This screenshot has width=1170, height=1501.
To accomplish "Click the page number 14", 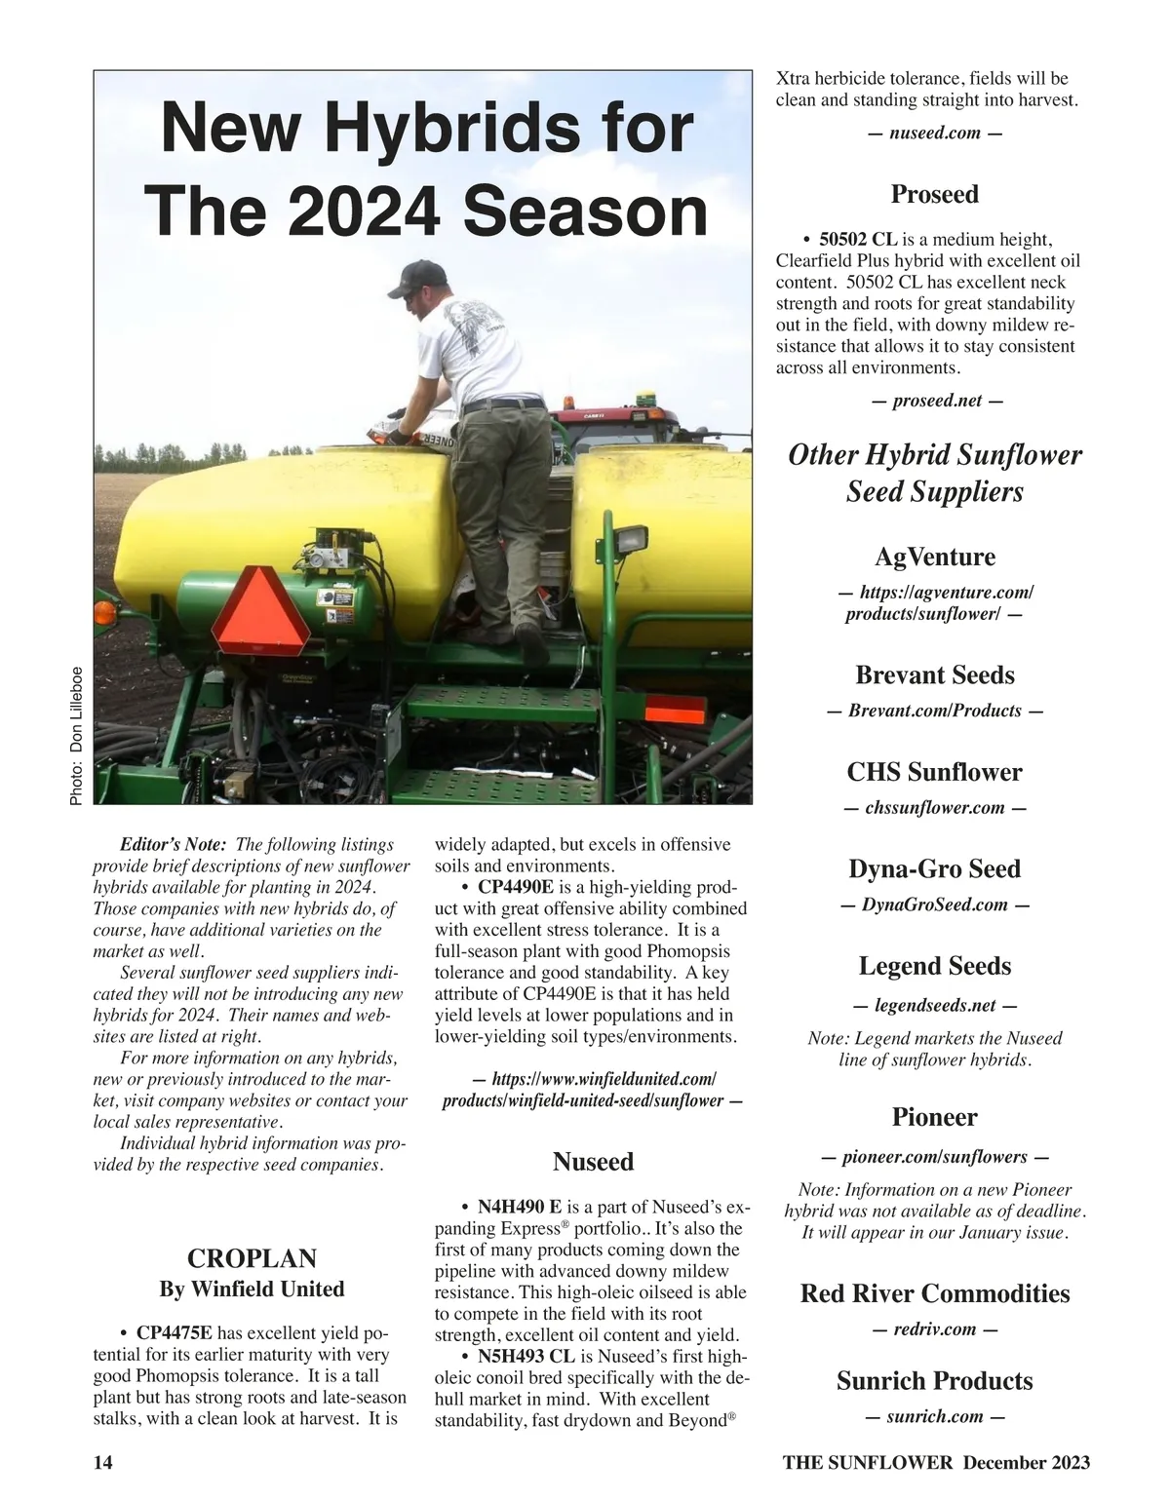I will point(102,1462).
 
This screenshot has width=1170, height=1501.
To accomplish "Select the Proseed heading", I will point(934,194).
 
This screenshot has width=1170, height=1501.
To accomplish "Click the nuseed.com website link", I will point(934,134).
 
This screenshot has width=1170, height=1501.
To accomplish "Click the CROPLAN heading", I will point(252,1258).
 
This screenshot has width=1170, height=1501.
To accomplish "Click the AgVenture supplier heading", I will point(934,558).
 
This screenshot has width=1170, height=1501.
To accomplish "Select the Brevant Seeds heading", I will point(934,675).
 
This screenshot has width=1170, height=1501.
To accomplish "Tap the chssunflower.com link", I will point(934,808).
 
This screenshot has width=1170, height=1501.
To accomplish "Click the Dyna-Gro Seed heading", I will point(934,868).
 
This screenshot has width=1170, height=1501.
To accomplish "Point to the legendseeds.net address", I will point(934,1005).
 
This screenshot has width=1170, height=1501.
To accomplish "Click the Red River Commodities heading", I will point(934,1293).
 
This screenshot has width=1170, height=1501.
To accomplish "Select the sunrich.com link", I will point(934,1416).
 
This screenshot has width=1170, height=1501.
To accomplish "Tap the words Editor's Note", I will point(173,845).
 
